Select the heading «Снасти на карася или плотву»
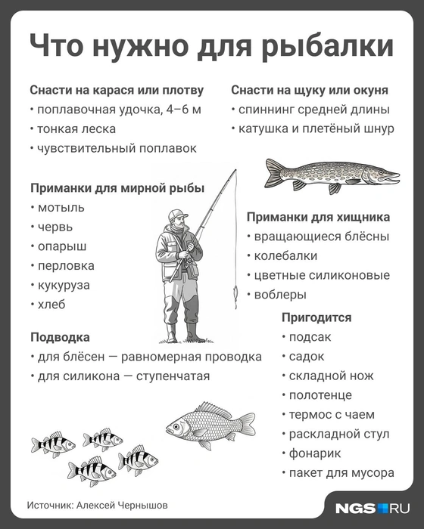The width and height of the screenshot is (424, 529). pos(117,90)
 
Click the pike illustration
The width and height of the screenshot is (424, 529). pos(331,175)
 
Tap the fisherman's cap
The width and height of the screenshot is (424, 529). pos(177,213)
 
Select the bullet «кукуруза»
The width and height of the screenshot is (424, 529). pos(63,285)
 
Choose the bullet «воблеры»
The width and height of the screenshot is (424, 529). pos(280,295)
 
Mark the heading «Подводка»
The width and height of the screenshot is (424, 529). pos(60,337)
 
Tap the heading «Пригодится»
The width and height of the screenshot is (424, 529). pos(316,317)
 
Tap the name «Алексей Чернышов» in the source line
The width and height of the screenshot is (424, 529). pos(123,504)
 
